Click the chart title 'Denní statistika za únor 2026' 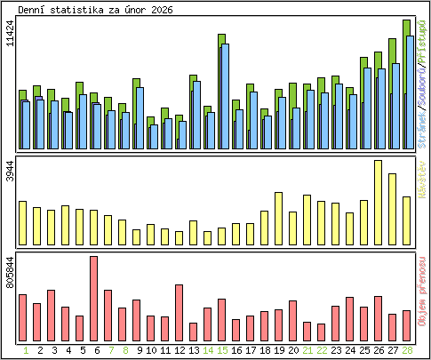tap(96, 10)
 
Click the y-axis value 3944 tap(10, 171)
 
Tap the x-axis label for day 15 tap(221, 350)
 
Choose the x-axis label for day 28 tap(406, 350)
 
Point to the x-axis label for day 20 tap(292, 350)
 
